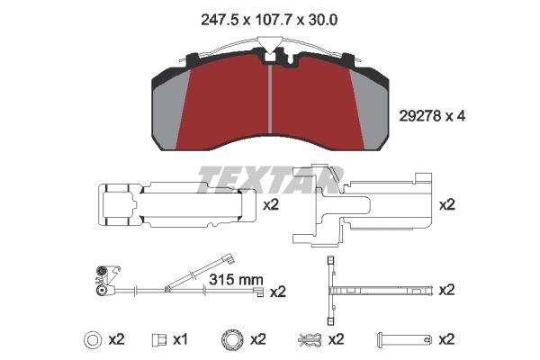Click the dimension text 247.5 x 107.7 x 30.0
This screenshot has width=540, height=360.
click(x=269, y=20)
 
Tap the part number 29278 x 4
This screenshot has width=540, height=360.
click(x=432, y=116)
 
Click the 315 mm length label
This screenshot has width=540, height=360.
click(x=236, y=280)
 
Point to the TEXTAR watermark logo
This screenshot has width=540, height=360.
click(x=270, y=179)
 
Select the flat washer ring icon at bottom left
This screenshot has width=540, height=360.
click(x=93, y=339)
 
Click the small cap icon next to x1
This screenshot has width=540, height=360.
click(x=159, y=339)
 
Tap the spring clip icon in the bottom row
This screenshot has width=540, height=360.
click(x=310, y=339)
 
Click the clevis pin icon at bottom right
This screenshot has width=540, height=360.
click(x=405, y=339)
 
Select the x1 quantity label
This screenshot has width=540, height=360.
click(x=180, y=339)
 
